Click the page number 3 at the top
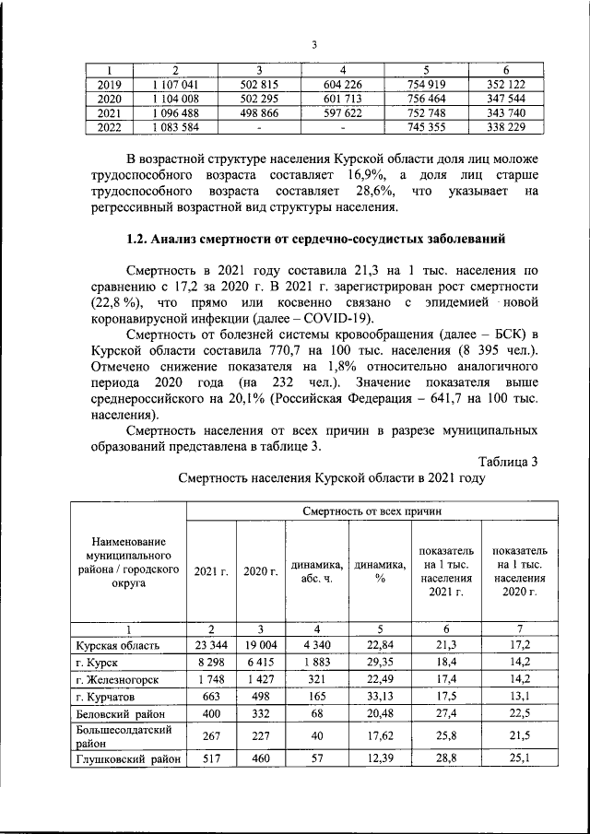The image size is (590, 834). [313, 45]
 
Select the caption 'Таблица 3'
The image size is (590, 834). [508, 461]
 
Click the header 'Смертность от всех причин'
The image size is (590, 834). [372, 510]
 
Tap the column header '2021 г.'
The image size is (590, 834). [211, 571]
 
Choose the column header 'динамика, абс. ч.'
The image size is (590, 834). [316, 571]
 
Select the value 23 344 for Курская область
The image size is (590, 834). [211, 645]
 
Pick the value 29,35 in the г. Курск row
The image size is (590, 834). [378, 663]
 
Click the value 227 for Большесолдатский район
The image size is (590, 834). [259, 735]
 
